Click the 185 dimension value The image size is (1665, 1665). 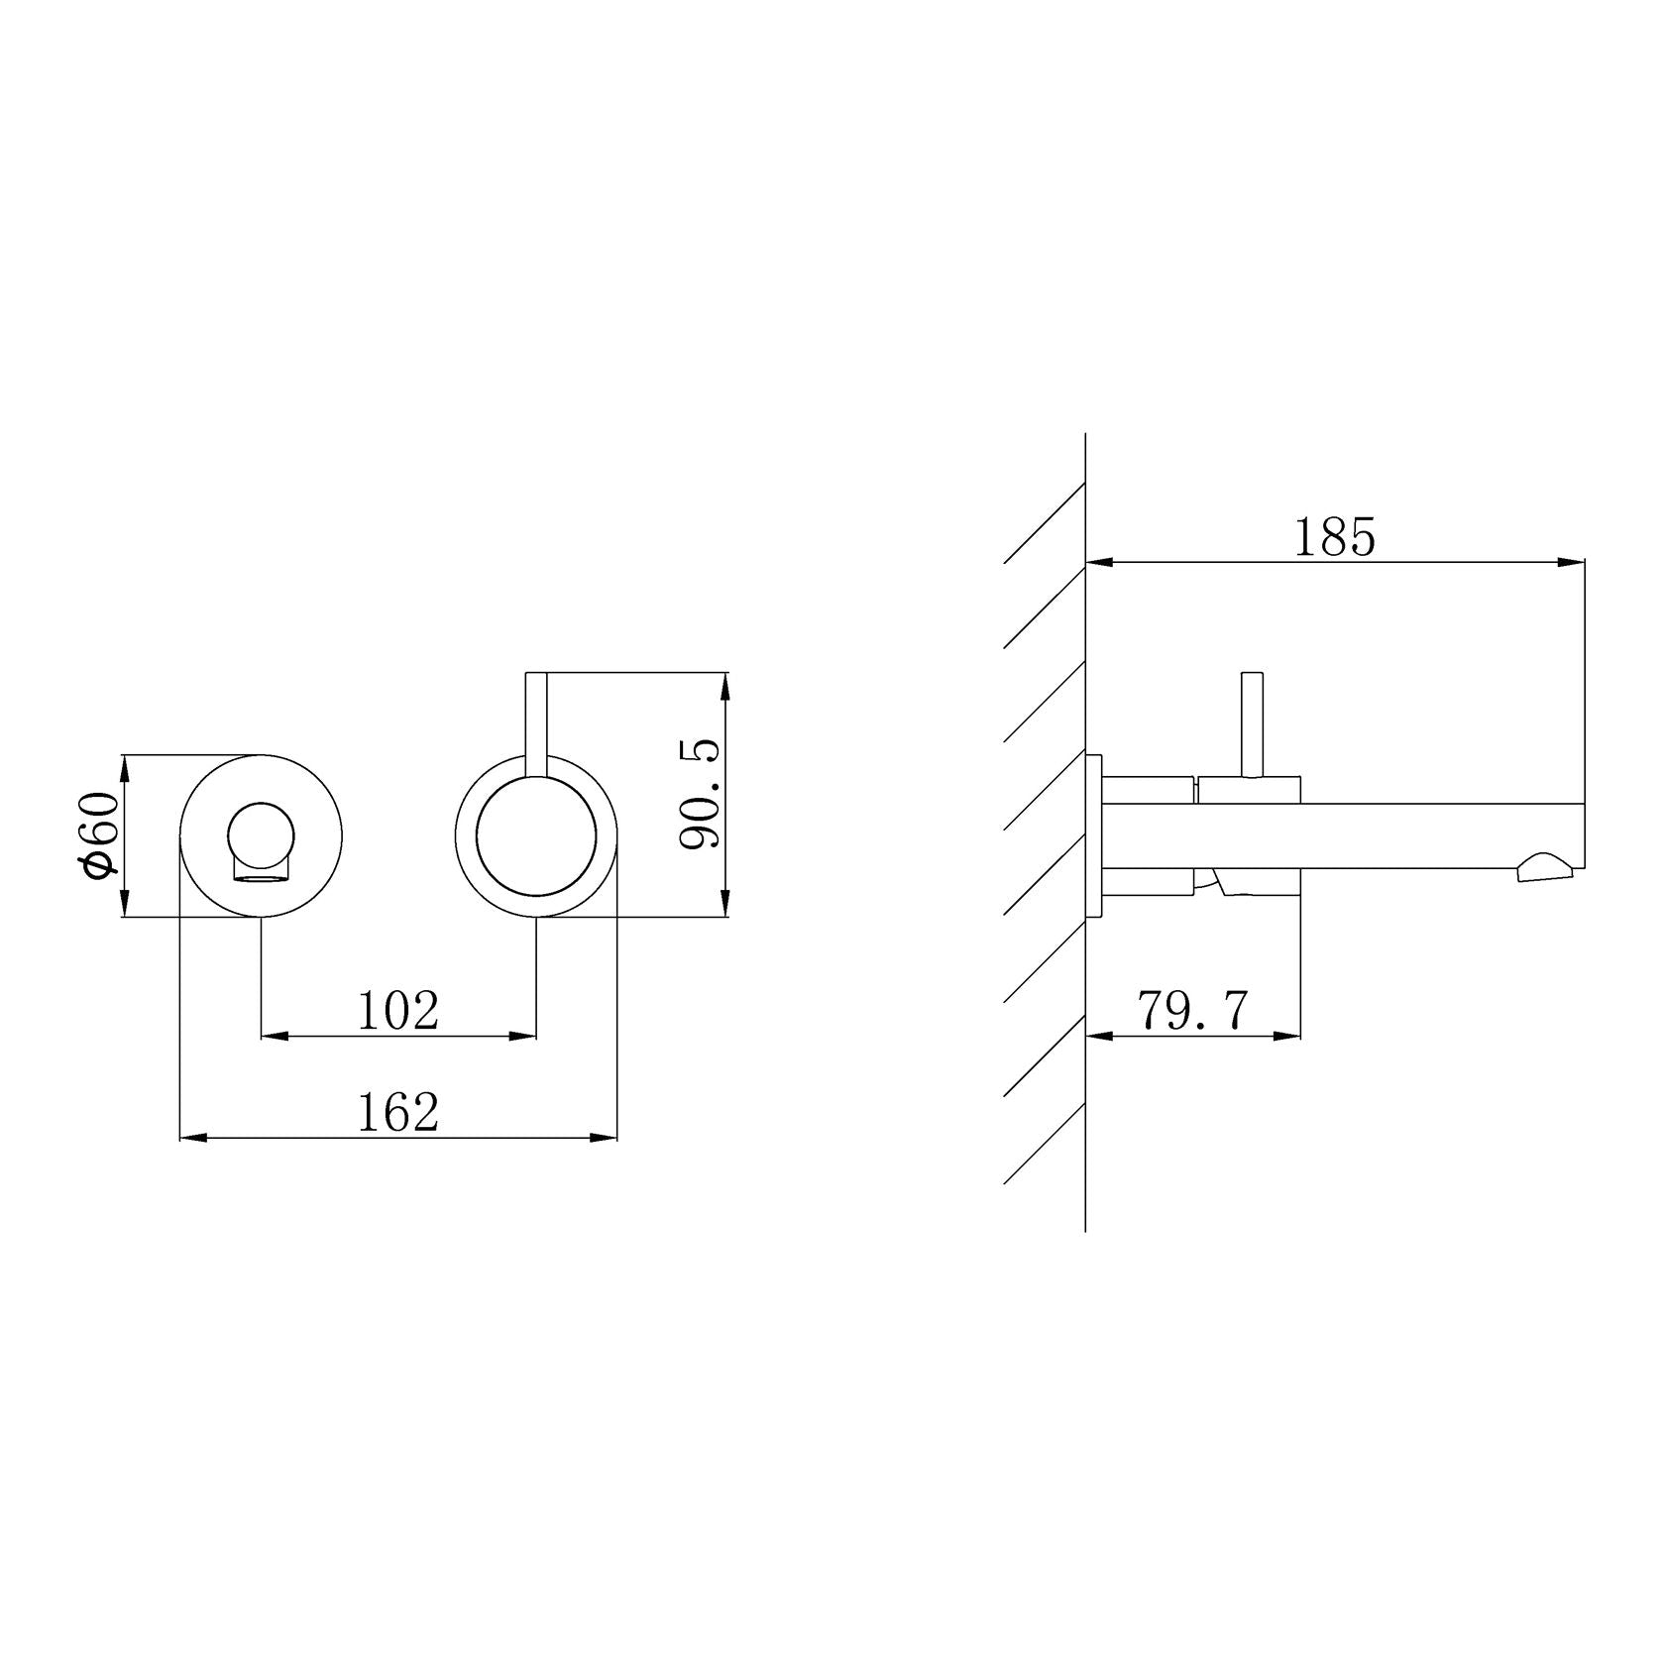pyautogui.click(x=1335, y=537)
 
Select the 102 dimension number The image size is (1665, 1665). pyautogui.click(x=397, y=1011)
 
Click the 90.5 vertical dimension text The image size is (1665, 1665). pyautogui.click(x=701, y=794)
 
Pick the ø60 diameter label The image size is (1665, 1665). pyautogui.click(x=100, y=835)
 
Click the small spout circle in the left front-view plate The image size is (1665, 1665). pyautogui.click(x=261, y=832)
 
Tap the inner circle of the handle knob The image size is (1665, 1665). pyautogui.click(x=536, y=836)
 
